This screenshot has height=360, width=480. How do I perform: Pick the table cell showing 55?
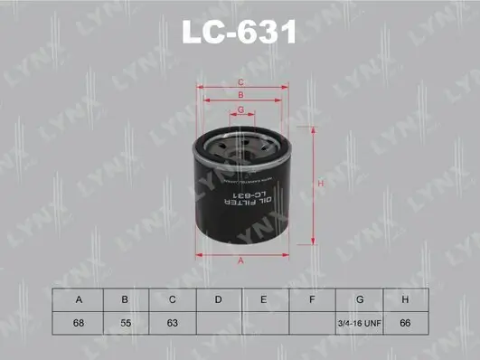click(x=124, y=322)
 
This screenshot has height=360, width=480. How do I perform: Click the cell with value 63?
click(x=171, y=322)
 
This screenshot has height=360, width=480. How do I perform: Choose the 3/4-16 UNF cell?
click(x=359, y=322)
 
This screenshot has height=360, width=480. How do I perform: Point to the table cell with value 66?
click(x=406, y=322)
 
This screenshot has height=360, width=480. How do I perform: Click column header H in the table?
click(x=406, y=298)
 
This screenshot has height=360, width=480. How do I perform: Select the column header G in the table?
click(x=359, y=298)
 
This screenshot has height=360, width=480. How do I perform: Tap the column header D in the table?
click(x=218, y=298)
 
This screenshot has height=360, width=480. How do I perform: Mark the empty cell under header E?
click(x=265, y=322)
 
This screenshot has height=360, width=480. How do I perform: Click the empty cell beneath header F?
click(x=312, y=322)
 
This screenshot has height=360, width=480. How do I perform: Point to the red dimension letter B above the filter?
click(x=240, y=95)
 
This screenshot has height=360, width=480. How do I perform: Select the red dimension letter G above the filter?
click(x=240, y=109)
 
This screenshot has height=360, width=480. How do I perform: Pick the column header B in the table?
click(x=124, y=298)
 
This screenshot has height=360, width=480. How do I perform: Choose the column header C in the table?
click(x=171, y=298)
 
